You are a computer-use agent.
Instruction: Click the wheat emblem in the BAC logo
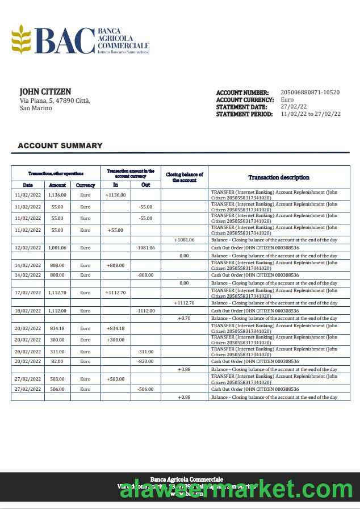point(22,39)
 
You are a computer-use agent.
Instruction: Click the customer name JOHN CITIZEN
point(45,91)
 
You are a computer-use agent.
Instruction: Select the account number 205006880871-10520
point(310,92)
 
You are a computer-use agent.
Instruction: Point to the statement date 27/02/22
point(294,107)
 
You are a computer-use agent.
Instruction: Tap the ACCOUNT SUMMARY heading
point(60,145)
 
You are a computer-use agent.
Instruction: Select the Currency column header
point(85,185)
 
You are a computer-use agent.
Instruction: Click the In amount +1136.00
point(115,195)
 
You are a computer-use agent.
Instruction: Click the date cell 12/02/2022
point(28,248)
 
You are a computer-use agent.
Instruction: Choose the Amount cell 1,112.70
point(57,293)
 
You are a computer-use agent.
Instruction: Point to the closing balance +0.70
point(184,319)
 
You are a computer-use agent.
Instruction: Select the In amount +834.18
point(115,328)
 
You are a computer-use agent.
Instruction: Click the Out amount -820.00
point(145,361)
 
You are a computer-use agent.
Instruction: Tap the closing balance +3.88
point(184,369)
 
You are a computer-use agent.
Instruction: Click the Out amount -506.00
point(145,389)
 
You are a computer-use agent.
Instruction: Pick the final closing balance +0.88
point(184,397)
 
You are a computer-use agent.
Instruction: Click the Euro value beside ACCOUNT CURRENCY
point(287,99)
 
